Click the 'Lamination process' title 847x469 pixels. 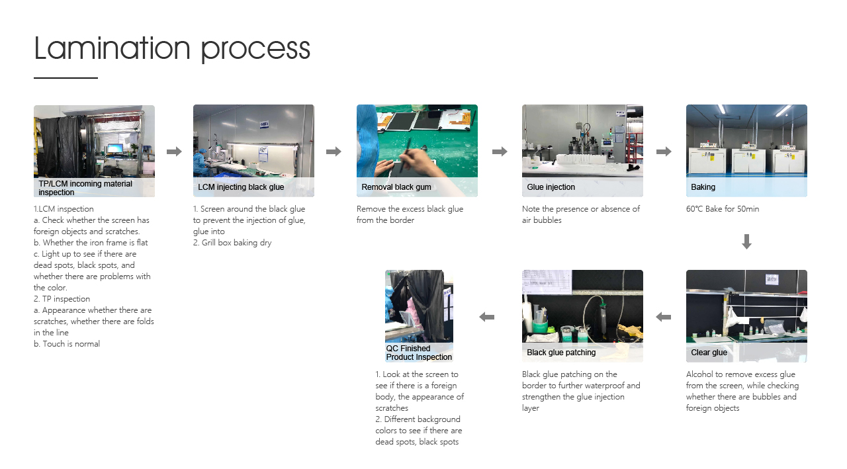tap(172, 48)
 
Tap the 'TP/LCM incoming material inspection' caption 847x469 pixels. tap(85, 188)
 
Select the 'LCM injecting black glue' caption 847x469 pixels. tap(241, 187)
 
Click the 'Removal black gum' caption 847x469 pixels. tap(396, 187)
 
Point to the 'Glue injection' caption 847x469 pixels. tap(551, 187)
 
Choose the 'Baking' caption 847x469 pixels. tap(703, 187)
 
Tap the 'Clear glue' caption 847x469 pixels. tap(709, 353)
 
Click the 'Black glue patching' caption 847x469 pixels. tap(561, 353)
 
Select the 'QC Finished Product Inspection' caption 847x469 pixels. tap(419, 353)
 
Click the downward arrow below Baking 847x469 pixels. tap(746, 241)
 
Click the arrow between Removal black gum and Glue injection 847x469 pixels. tap(500, 151)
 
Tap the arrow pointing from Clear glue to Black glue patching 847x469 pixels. tap(663, 317)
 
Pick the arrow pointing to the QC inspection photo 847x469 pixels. tap(486, 317)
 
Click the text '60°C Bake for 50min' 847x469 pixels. tap(723, 209)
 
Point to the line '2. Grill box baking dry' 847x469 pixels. tap(232, 243)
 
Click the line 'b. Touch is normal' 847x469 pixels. tap(67, 344)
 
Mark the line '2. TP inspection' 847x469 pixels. tap(62, 299)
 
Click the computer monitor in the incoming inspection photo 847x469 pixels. tap(115, 148)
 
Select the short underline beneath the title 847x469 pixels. tap(66, 78)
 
